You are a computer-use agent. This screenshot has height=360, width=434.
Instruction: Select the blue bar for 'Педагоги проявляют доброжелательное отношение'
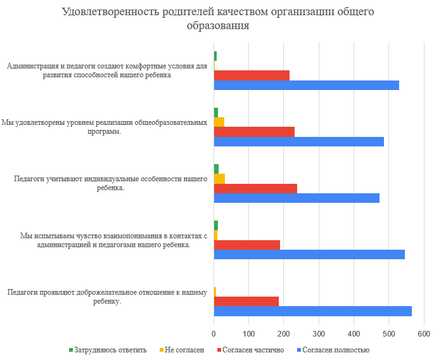click(x=312, y=311)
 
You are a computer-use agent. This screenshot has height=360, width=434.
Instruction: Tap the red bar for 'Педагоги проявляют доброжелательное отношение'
click(x=246, y=301)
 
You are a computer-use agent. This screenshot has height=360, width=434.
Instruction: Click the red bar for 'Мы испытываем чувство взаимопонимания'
click(x=246, y=245)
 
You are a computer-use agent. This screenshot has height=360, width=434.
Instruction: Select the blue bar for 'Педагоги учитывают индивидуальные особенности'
click(x=297, y=198)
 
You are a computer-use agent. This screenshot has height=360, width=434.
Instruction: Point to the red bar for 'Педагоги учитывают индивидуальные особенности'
click(x=255, y=188)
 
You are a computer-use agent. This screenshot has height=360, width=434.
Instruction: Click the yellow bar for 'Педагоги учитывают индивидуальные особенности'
click(x=219, y=178)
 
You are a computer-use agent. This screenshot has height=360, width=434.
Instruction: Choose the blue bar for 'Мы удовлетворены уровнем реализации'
click(x=298, y=141)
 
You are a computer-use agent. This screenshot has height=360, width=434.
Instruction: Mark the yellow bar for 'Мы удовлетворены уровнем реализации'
click(x=219, y=122)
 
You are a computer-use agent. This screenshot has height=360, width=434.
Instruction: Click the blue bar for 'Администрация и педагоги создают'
click(x=306, y=85)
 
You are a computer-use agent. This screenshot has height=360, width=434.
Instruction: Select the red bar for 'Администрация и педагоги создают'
click(x=252, y=75)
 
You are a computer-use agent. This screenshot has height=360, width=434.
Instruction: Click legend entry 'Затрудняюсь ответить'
click(x=107, y=350)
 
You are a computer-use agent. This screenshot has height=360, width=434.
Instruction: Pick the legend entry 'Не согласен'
click(x=182, y=350)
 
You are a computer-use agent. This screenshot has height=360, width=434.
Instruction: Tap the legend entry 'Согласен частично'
click(x=250, y=350)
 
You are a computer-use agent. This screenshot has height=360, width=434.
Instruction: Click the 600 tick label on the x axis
click(x=424, y=333)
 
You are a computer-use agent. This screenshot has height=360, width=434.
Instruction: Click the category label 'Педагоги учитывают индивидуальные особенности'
click(x=111, y=183)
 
